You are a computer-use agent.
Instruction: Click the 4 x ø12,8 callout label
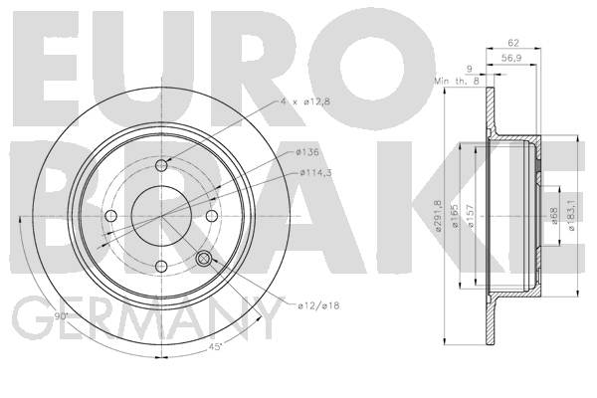coord(305,101)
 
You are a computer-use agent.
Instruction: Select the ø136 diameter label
coord(306,152)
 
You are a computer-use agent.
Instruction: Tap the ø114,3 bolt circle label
coord(315,172)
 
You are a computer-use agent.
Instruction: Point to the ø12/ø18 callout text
coord(318,305)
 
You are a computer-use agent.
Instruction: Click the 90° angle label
coord(61,315)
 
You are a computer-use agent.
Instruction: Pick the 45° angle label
coord(216,347)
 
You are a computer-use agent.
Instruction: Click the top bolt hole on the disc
coord(162,166)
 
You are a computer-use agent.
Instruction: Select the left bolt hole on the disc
coord(110,216)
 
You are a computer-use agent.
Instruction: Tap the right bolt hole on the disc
coord(212,216)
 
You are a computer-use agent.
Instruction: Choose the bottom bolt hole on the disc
coord(162,267)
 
